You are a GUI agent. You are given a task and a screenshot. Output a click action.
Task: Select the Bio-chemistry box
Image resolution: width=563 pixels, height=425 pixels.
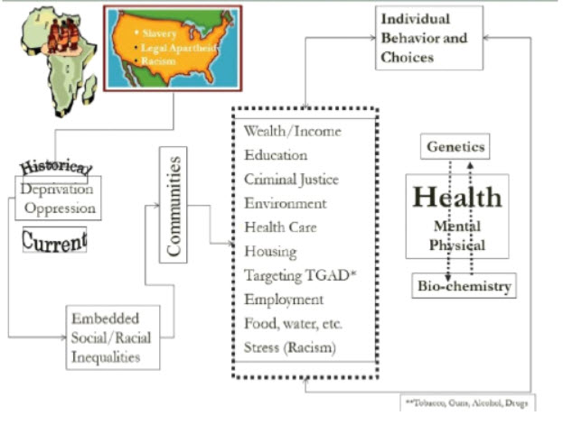pos(464,287)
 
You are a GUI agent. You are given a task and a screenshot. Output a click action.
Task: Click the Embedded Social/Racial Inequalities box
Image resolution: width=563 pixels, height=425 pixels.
pos(112,337)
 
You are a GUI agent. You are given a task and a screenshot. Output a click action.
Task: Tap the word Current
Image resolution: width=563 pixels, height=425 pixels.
pos(54,240)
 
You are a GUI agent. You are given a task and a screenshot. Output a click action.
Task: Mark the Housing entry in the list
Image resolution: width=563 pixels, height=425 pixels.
pos(270,252)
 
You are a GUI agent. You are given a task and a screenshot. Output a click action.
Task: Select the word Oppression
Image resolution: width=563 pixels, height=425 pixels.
pos(60,208)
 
